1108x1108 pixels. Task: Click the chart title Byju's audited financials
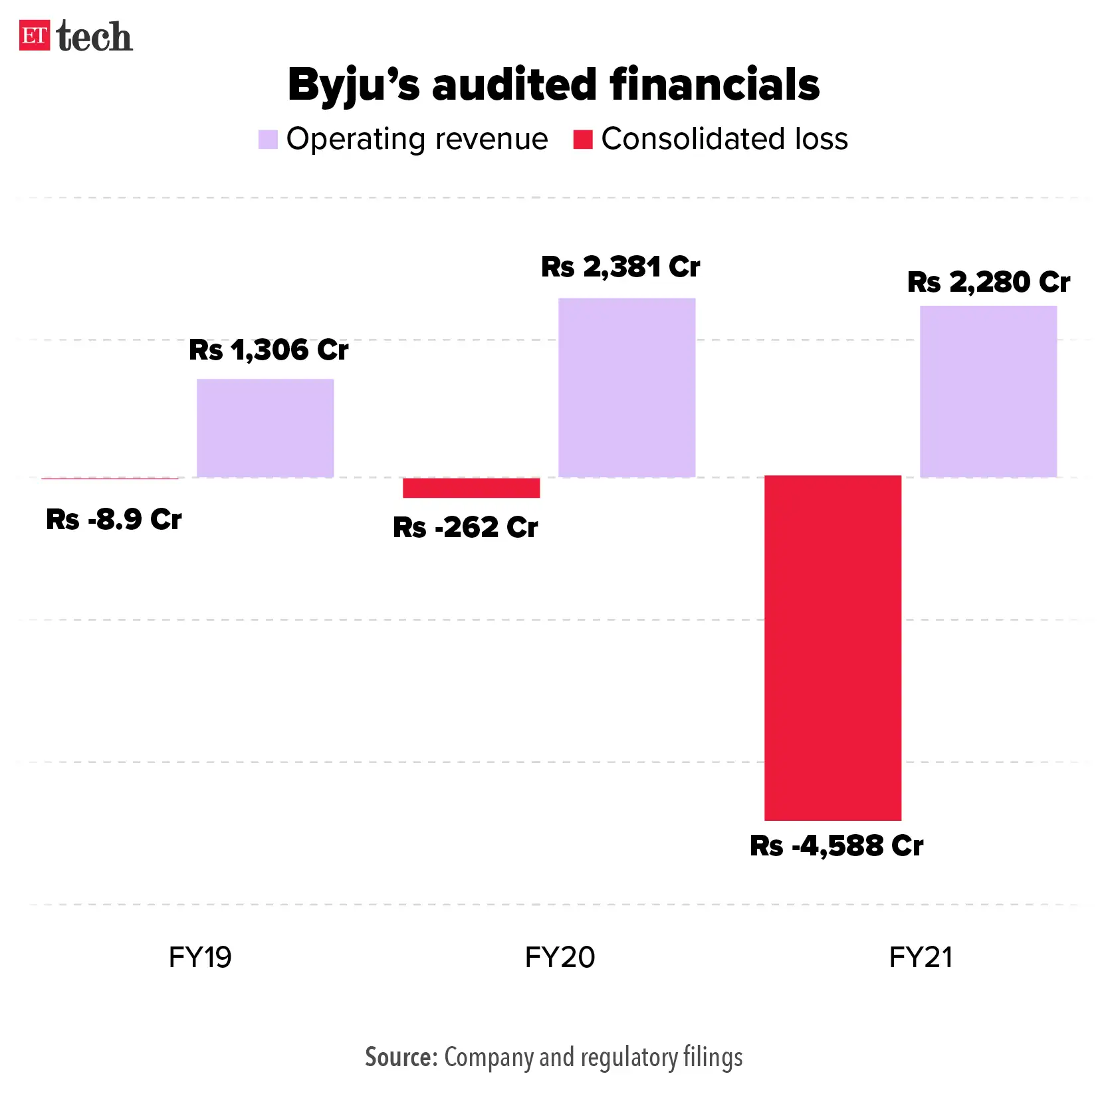pyautogui.click(x=554, y=85)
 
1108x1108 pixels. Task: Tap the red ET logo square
pyautogui.click(x=35, y=36)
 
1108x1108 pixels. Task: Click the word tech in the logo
pyautogui.click(x=94, y=37)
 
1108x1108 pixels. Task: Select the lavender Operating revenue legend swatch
pyautogui.click(x=268, y=140)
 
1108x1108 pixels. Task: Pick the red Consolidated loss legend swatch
pyautogui.click(x=583, y=140)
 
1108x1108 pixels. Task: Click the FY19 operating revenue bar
pyautogui.click(x=265, y=428)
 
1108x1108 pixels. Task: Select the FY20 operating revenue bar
pyautogui.click(x=627, y=388)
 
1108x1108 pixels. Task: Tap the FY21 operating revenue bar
pyautogui.click(x=988, y=391)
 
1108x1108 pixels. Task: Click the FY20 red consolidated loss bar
pyautogui.click(x=471, y=488)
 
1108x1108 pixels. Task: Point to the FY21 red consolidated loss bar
pyautogui.click(x=833, y=648)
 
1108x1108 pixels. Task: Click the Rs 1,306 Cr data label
pyautogui.click(x=269, y=350)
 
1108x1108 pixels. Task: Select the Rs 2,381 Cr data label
pyautogui.click(x=620, y=267)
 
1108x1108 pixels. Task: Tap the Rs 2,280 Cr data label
pyautogui.click(x=988, y=282)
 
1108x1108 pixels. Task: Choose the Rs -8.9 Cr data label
pyautogui.click(x=114, y=520)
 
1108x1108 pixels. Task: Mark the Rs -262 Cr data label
pyautogui.click(x=465, y=528)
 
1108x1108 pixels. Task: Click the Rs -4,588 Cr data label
pyautogui.click(x=836, y=846)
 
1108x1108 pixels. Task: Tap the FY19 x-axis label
pyautogui.click(x=200, y=958)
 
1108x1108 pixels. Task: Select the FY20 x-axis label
pyautogui.click(x=560, y=958)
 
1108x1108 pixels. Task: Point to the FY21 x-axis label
pyautogui.click(x=921, y=958)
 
